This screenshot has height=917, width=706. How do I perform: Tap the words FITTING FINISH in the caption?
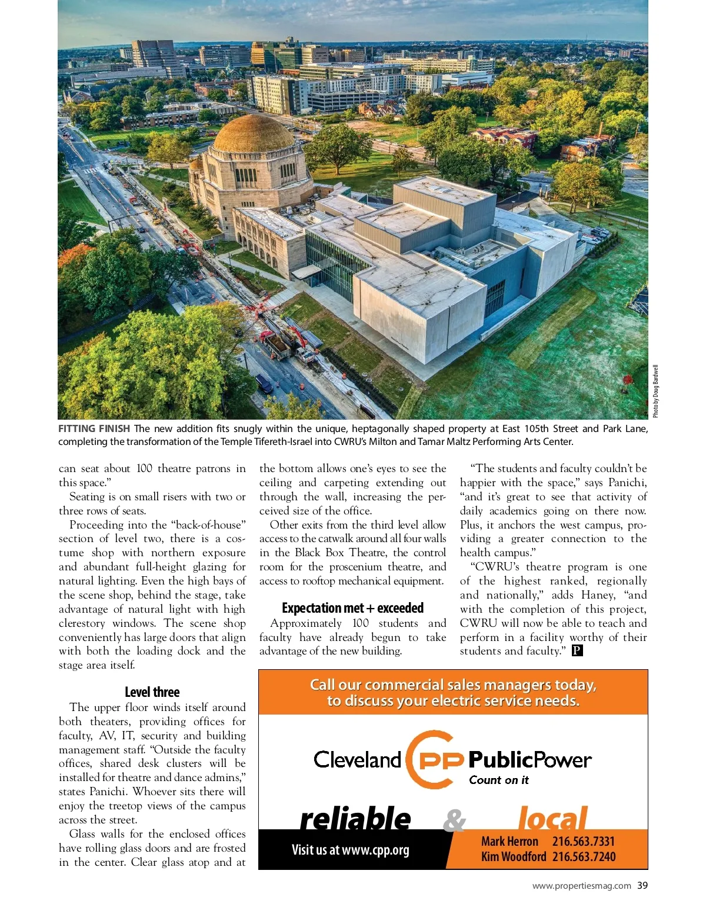point(94,428)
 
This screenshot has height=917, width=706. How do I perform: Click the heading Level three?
point(152,692)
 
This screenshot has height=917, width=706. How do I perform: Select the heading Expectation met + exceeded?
point(352,608)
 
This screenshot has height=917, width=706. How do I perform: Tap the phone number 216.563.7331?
point(583,842)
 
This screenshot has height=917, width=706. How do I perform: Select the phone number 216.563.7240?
point(583,856)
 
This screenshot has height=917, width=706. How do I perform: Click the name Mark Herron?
point(509,842)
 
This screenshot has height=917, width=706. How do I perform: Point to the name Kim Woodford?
point(513,856)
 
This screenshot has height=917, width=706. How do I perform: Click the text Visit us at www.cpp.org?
point(350,849)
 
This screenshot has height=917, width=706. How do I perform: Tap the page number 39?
point(642,885)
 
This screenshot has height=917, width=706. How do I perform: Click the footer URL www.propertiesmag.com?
point(581,885)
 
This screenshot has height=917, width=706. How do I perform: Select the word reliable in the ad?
point(355,819)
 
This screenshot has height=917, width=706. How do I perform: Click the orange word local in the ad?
point(552,819)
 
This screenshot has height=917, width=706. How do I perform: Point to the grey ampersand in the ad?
point(454,820)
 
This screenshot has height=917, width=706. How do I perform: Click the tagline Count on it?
point(498,780)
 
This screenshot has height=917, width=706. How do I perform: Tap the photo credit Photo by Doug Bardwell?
point(656,391)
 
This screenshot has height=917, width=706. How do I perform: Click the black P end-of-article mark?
point(577,650)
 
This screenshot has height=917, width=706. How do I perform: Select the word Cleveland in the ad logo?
point(357,759)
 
